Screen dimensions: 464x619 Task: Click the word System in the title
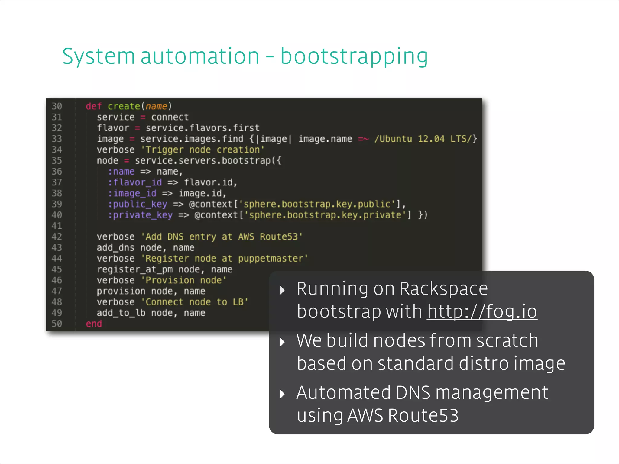(x=98, y=57)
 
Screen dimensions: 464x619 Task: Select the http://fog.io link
(x=482, y=311)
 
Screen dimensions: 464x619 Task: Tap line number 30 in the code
(x=57, y=106)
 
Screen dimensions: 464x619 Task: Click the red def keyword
(x=94, y=106)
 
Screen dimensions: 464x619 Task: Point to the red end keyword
(x=94, y=324)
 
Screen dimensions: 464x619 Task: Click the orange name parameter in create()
(x=156, y=106)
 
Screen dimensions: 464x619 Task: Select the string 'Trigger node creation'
(x=203, y=150)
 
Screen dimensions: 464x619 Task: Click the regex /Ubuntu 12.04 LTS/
(x=426, y=139)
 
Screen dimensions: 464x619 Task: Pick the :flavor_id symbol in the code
(x=135, y=182)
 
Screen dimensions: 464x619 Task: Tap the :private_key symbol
(x=141, y=215)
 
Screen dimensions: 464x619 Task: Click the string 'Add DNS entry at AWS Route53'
(x=222, y=237)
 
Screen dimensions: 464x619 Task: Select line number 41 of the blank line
(x=57, y=226)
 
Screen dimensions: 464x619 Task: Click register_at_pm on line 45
(x=135, y=269)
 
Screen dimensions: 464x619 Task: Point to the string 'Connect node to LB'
(x=194, y=302)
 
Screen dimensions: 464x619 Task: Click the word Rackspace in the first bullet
(x=443, y=289)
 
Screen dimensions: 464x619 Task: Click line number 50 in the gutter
(x=57, y=324)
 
